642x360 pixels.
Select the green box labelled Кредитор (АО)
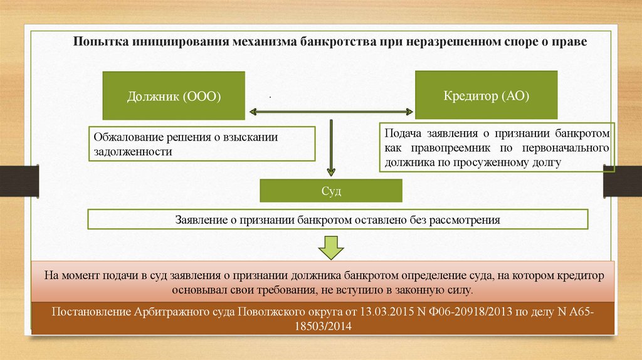coord(486,95)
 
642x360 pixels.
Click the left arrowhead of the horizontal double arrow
coord(254,113)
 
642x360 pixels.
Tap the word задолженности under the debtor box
coord(132,152)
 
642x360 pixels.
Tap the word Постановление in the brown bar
coord(91,312)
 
